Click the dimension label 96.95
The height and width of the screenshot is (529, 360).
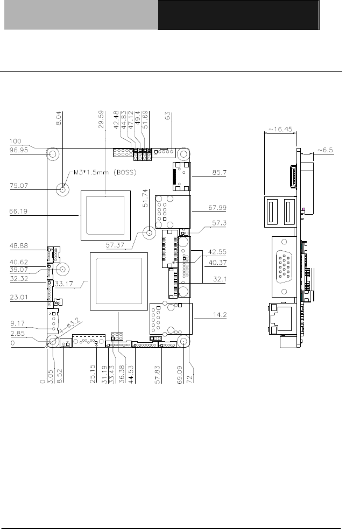[19, 150]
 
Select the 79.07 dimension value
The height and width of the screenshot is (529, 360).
[19, 186]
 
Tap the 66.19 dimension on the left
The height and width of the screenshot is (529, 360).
[18, 211]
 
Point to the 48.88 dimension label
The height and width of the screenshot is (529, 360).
[19, 245]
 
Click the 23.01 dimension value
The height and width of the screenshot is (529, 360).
[19, 297]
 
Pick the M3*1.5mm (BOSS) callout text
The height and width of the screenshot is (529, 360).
[105, 172]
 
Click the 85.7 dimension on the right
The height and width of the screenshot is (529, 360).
[220, 172]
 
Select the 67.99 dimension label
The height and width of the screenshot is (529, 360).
[217, 208]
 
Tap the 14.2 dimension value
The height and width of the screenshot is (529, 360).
[220, 315]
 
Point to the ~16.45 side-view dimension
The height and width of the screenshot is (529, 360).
[280, 129]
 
